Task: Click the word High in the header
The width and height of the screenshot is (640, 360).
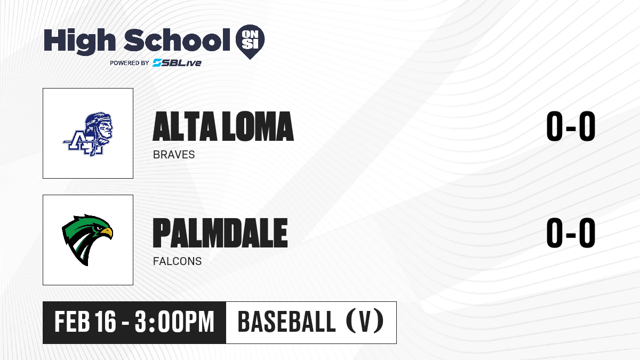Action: [79, 42]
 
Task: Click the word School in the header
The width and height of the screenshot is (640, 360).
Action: [177, 40]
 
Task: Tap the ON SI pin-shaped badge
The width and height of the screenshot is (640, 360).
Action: [250, 42]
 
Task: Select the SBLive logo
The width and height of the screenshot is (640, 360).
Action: [177, 62]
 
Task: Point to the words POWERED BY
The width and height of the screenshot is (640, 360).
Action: [130, 63]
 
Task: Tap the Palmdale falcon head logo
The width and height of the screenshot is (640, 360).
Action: [87, 240]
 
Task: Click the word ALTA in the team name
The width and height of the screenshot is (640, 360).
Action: [185, 126]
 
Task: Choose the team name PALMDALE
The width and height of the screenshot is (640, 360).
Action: [220, 233]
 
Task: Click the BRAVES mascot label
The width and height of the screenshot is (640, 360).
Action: [174, 155]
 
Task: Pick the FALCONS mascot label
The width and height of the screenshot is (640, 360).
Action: [177, 261]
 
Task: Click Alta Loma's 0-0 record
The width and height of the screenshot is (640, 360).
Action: [571, 126]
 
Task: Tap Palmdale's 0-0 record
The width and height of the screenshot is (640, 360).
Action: [571, 233]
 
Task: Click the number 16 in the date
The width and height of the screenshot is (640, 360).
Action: [105, 322]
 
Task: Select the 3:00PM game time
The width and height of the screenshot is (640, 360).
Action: [174, 322]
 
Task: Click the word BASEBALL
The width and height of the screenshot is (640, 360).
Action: [286, 322]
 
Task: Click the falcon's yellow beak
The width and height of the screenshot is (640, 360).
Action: [107, 233]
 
